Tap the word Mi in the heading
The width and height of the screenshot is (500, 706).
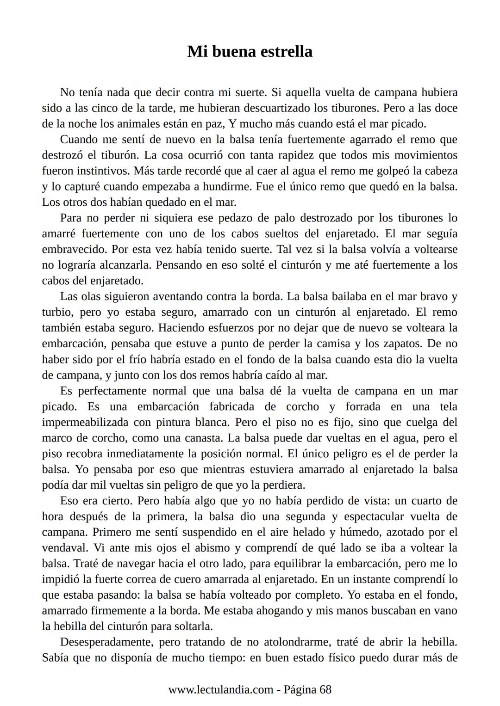[195, 51]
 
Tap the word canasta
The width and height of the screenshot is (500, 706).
[204, 438]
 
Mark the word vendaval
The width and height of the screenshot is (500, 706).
[66, 548]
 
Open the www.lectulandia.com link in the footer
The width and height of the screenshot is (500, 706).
[220, 690]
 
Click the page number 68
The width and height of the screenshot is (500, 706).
[325, 690]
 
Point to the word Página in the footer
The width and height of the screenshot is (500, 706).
[300, 690]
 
